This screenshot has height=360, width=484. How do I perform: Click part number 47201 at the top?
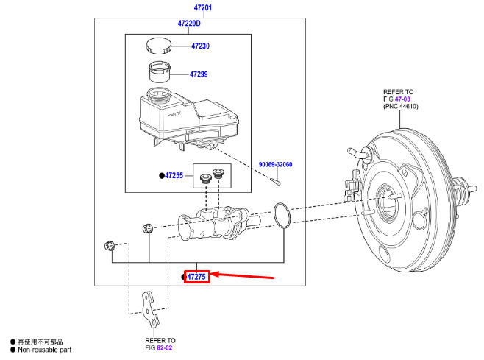point(203,7)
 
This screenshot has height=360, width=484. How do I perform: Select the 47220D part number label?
point(189,23)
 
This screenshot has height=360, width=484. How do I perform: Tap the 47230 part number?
point(200,46)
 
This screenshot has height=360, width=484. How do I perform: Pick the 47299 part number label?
point(199,74)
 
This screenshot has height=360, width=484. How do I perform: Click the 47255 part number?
point(174,175)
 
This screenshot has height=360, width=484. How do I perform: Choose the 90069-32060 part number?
point(275,164)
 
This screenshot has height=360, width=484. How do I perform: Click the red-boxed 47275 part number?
point(196,277)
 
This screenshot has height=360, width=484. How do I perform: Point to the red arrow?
point(242,275)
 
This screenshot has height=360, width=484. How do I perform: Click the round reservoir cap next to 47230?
point(158,46)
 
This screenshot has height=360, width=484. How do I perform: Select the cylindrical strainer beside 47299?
point(160,71)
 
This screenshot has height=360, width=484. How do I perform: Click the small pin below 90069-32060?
point(275,181)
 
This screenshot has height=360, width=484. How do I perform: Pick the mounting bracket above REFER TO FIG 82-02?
point(150,309)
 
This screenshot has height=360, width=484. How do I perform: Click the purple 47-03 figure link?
point(402,99)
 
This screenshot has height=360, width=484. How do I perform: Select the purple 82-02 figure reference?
point(165,348)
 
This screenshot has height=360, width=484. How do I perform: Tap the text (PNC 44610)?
point(401,107)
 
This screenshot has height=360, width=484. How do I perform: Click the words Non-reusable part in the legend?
point(44,350)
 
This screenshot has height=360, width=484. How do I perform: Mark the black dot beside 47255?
point(162,176)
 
